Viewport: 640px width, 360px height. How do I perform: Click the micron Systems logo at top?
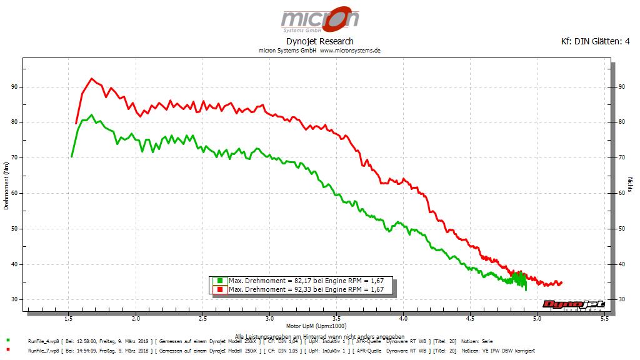[319, 21]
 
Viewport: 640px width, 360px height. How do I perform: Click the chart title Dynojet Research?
[319, 41]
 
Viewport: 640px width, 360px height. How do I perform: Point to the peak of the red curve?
[92, 79]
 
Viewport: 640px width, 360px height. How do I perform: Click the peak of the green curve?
[92, 115]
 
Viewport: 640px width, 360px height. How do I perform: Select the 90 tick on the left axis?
[14, 87]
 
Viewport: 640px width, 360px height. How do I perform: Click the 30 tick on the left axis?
[14, 300]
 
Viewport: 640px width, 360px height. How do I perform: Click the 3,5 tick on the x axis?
[336, 319]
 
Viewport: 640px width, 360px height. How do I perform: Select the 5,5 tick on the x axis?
[604, 319]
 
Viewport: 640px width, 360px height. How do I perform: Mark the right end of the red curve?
[561, 283]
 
